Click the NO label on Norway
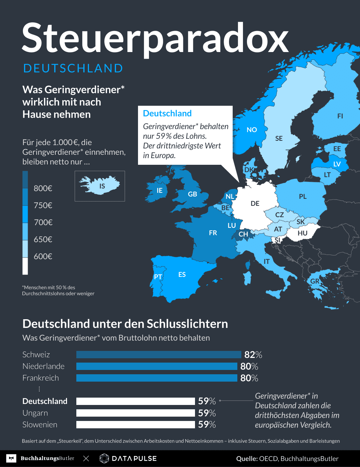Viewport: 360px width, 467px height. coord(252,130)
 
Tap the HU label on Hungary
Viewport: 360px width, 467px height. coord(302,233)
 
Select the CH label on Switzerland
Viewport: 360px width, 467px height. coord(243,234)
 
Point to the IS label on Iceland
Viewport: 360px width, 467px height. coord(102,186)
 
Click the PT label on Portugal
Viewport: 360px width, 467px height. coord(158,277)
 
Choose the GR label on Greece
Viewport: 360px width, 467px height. coord(315,281)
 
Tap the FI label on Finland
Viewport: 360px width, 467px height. coord(340,116)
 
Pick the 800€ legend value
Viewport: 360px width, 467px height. coord(43,188)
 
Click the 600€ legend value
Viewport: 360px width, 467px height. coord(43,257)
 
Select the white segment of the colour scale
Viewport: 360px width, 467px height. coord(25,266)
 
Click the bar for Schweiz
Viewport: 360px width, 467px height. coord(159,355)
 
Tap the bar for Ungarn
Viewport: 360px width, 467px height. coord(135,413)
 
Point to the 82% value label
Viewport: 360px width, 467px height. coord(253,355)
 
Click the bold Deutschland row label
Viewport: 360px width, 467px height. coord(45,401)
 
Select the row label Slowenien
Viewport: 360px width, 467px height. coord(40,425)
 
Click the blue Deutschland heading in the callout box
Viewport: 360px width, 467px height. coord(167,113)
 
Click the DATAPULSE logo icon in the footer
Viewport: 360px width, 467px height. coord(104,458)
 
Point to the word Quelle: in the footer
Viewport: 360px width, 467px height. coord(247,459)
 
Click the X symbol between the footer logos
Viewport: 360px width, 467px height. coord(86,459)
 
